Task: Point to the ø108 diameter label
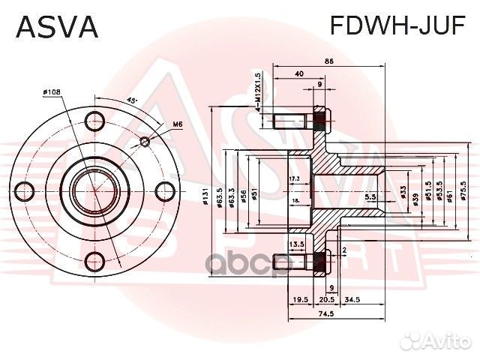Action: point(52,92)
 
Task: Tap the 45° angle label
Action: point(130,100)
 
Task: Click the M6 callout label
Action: point(178,124)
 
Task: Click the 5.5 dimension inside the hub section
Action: point(370,196)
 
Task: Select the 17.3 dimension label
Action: point(294,178)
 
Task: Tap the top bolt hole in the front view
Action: point(95,120)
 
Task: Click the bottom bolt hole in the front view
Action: point(95,260)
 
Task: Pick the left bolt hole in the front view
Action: point(25,190)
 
